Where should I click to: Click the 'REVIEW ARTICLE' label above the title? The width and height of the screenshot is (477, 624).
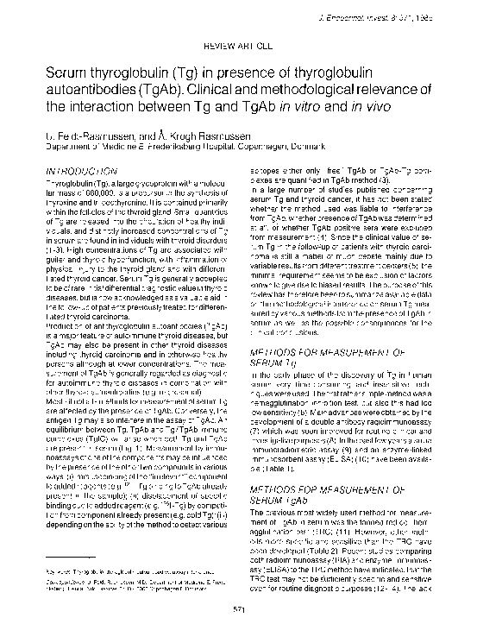[237, 41]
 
